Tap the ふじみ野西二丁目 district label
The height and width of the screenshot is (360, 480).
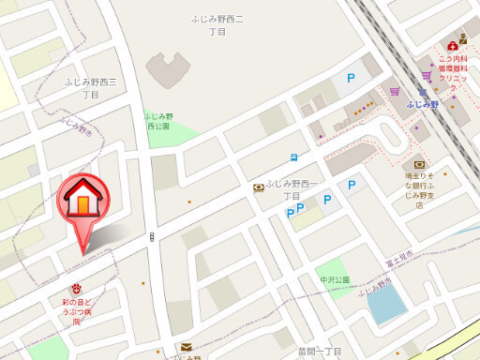click(217, 24)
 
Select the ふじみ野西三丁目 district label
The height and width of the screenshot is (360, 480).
click(91, 88)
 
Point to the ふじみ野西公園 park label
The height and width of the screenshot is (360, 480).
click(157, 120)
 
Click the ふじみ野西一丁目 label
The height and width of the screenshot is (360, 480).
click(293, 188)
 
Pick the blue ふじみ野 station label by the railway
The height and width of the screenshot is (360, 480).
click(423, 105)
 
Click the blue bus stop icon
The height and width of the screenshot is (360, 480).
click(293, 157)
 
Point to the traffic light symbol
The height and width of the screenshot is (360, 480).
click(151, 238)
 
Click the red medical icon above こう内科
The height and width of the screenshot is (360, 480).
click(452, 43)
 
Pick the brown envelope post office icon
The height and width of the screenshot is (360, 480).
click(186, 347)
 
